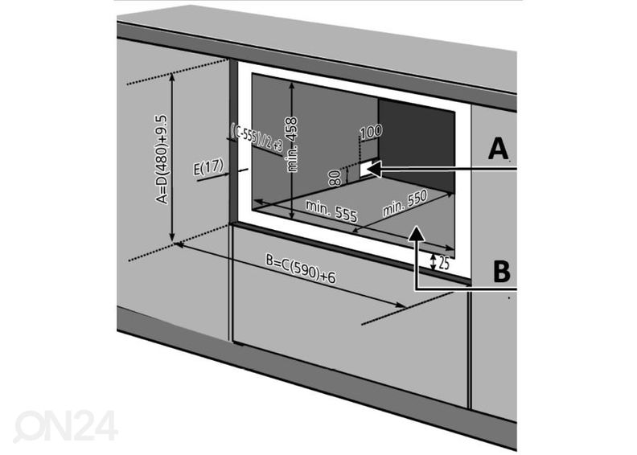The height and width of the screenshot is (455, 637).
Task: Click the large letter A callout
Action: pos(499,149)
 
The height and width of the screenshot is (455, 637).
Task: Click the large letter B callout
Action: pos(501,272)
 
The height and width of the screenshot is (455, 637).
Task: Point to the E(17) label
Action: pos(208,168)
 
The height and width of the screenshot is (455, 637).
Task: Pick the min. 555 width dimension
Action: pos(331,211)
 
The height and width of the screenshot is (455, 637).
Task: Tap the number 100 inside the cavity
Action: pos(371,131)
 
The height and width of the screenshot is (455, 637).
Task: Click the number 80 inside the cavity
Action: pos(335,176)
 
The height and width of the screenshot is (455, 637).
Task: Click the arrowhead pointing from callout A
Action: pos(376,168)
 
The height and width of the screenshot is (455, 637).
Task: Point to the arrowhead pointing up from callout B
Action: pos(415,233)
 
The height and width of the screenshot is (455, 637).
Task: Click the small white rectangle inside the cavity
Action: pos(367,168)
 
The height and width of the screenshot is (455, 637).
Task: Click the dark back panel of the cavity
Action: pos(418,145)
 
